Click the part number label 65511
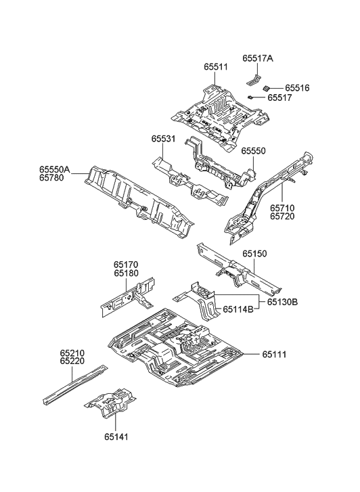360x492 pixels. pyautogui.click(x=216, y=68)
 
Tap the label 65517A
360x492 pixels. pyautogui.click(x=258, y=59)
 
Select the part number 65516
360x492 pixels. pyautogui.click(x=296, y=88)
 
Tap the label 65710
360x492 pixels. pyautogui.click(x=284, y=209)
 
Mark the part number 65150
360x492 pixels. pyautogui.click(x=256, y=254)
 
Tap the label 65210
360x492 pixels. pyautogui.click(x=72, y=353)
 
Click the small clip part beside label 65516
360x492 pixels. pyautogui.click(x=267, y=87)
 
